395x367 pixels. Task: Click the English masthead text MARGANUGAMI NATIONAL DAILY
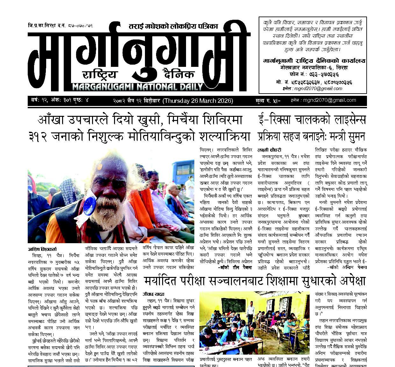(x=138, y=87)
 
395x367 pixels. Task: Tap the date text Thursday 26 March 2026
(x=198, y=101)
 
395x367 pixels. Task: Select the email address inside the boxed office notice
(x=322, y=88)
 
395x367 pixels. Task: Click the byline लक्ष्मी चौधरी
(x=269, y=150)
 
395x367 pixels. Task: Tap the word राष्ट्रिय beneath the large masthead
(x=100, y=75)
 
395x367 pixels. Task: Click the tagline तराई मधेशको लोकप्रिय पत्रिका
(x=173, y=26)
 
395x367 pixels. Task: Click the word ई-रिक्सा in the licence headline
(x=277, y=120)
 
